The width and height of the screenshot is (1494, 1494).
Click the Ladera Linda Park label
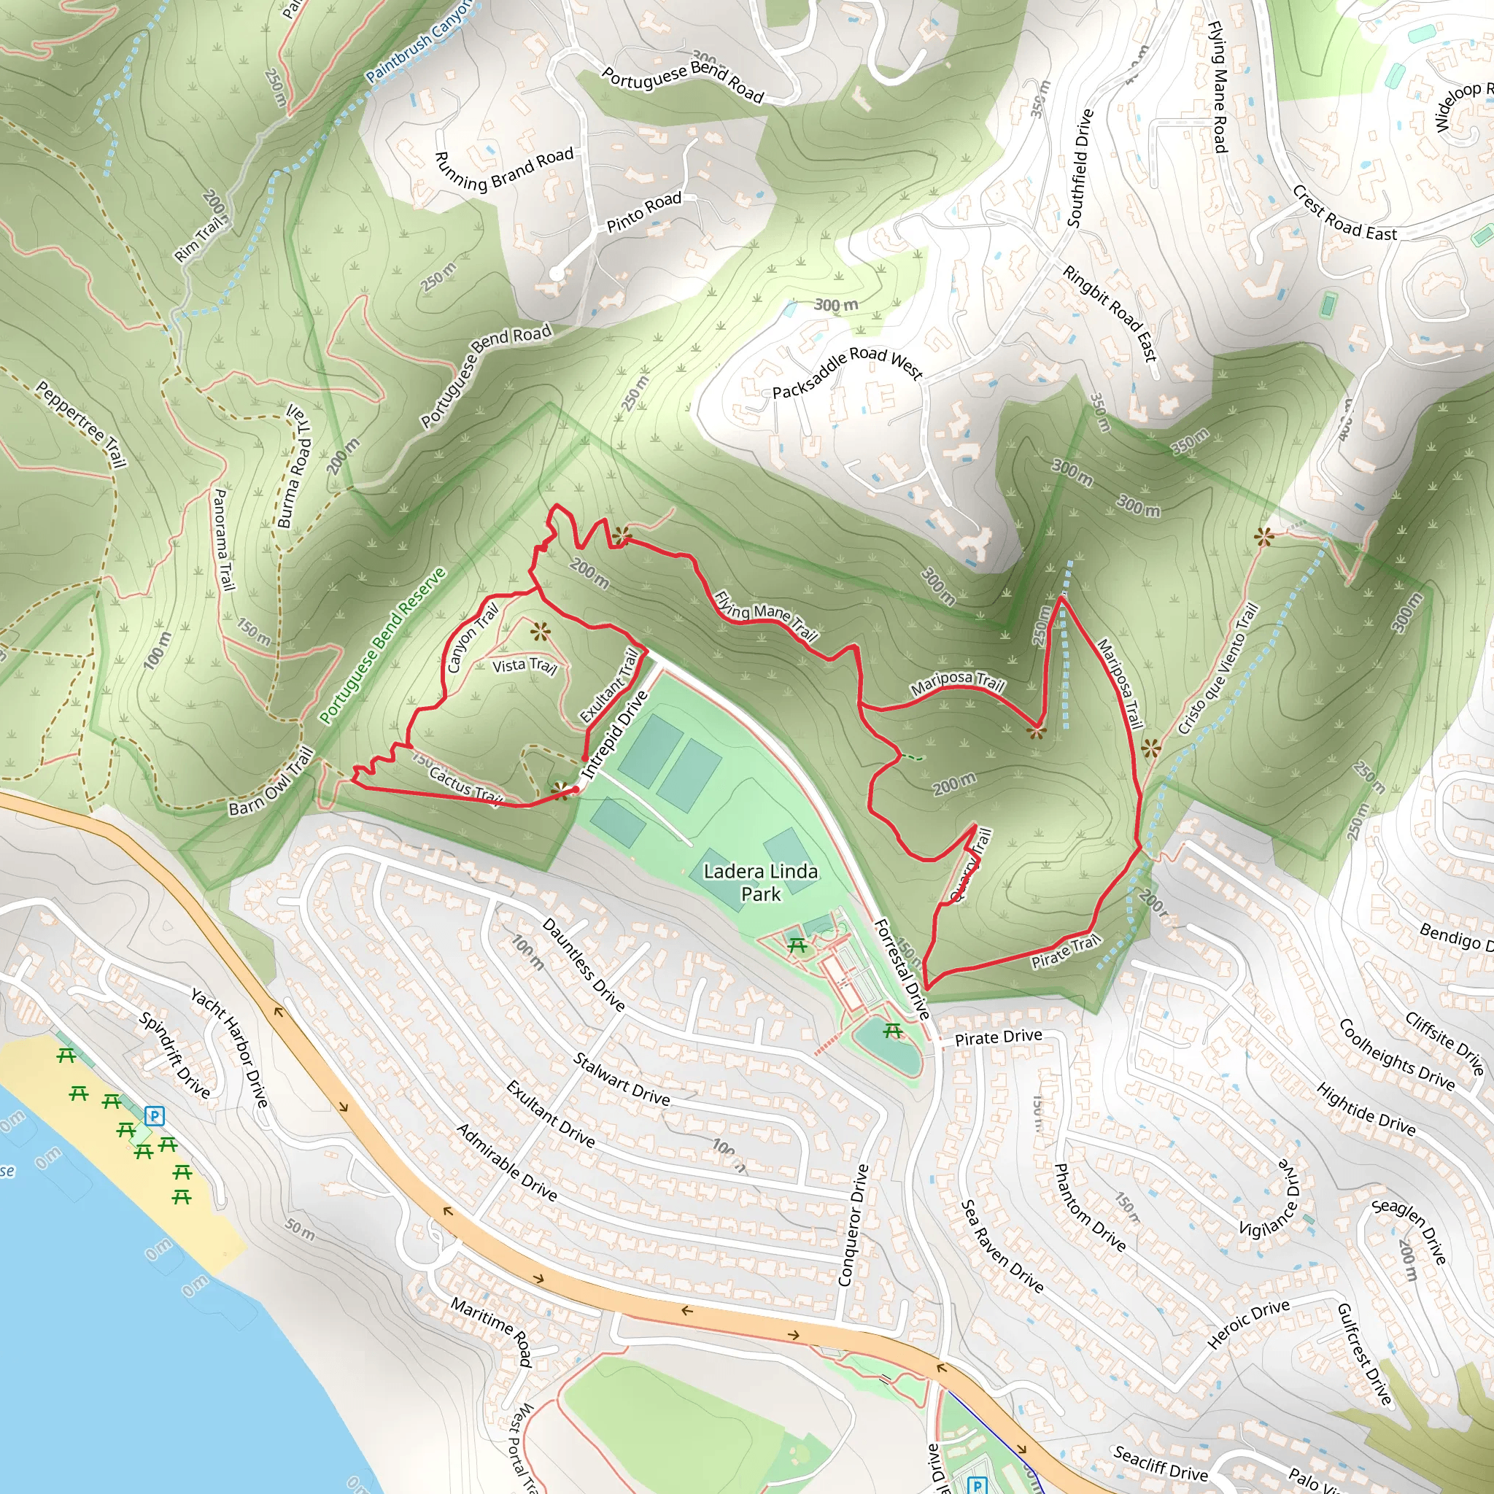(x=760, y=883)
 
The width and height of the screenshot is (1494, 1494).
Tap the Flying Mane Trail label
(x=765, y=616)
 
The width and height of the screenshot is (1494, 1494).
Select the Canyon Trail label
(x=472, y=638)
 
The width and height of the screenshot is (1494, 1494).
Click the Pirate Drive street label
(x=999, y=1038)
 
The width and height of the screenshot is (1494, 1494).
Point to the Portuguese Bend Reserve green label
(x=383, y=646)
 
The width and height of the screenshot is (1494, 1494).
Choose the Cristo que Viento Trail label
(x=1218, y=670)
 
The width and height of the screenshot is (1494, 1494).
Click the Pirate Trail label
(x=1065, y=951)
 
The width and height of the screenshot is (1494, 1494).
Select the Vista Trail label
(x=525, y=665)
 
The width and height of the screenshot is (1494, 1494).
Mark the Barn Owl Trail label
(x=271, y=782)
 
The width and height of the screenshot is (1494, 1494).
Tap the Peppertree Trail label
(x=81, y=424)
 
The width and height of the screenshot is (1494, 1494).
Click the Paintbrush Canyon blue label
(x=417, y=42)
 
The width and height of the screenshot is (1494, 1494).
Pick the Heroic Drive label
(x=1248, y=1323)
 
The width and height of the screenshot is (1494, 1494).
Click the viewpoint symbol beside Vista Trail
(x=541, y=632)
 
